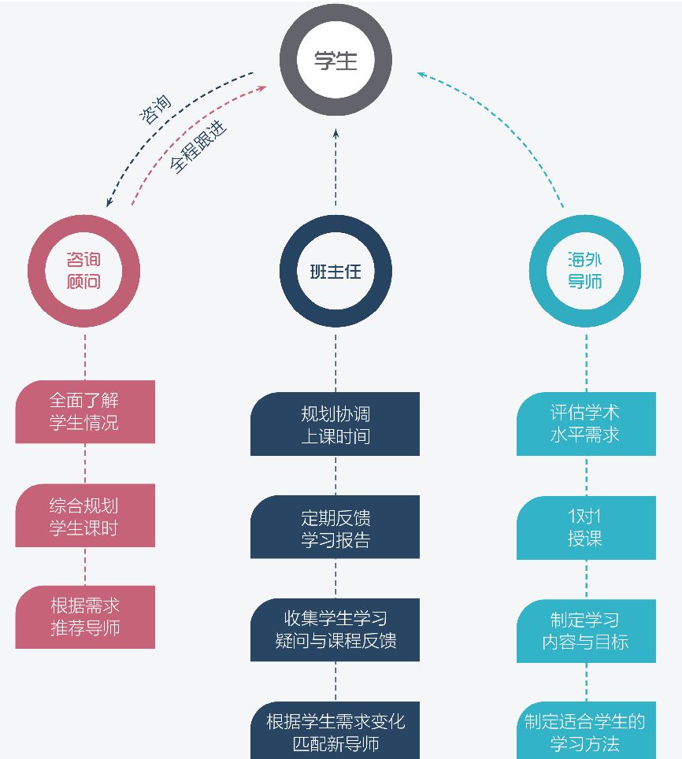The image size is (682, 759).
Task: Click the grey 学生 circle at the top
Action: pyautogui.click(x=335, y=61)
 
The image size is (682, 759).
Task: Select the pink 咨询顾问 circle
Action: pyautogui.click(x=84, y=270)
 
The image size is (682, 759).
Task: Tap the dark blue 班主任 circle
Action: pyautogui.click(x=335, y=272)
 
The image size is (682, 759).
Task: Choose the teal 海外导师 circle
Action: pyautogui.click(x=585, y=270)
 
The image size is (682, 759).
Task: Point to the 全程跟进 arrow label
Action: pyautogui.click(x=198, y=146)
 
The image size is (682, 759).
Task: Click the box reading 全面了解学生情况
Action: pyautogui.click(x=85, y=411)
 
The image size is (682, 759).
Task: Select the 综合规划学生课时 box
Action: pyautogui.click(x=85, y=516)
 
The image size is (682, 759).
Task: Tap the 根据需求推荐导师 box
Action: pyautogui.click(x=85, y=617)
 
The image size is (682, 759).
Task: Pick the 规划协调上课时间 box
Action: pyautogui.click(x=335, y=424)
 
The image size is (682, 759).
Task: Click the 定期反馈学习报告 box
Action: pyautogui.click(x=335, y=528)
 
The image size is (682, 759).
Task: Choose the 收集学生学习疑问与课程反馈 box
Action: pyautogui.click(x=335, y=630)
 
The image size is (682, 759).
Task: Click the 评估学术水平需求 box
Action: pyautogui.click(x=586, y=424)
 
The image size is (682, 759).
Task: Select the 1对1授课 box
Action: pyautogui.click(x=586, y=528)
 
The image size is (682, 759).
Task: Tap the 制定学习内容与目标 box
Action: pyautogui.click(x=586, y=631)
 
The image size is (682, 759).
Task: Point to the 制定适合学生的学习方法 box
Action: pyautogui.click(x=586, y=731)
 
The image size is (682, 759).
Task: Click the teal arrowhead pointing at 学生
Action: pyautogui.click(x=421, y=75)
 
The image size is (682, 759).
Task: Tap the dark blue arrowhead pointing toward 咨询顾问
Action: pyautogui.click(x=109, y=202)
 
